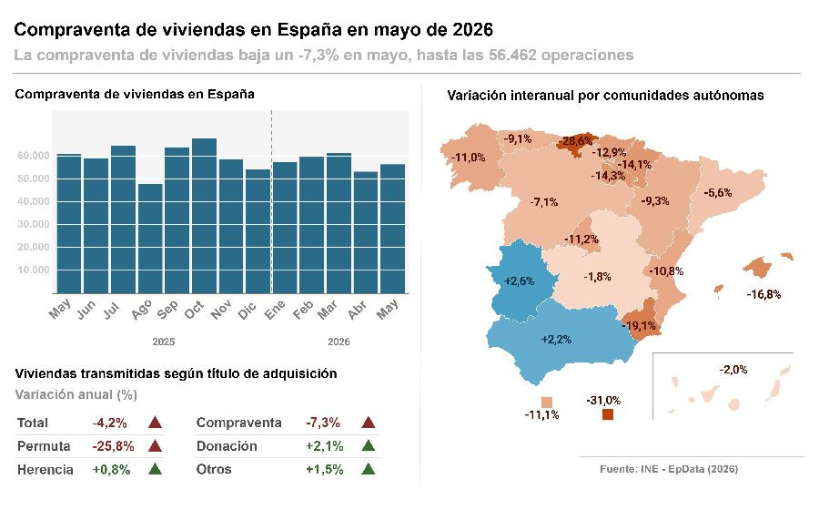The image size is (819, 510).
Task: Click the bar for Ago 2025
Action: click(x=150, y=239)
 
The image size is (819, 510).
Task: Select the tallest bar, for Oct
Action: click(x=204, y=216)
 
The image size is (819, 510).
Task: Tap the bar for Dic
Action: click(x=258, y=231)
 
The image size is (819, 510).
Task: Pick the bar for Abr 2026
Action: click(x=366, y=232)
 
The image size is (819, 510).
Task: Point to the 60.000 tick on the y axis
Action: click(x=34, y=156)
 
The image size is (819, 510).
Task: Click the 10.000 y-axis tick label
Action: click(x=34, y=270)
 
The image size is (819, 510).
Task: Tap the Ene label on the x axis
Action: click(x=275, y=310)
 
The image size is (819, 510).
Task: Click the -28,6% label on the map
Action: click(x=577, y=141)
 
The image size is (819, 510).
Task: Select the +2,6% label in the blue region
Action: click(x=520, y=281)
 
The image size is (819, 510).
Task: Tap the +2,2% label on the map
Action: click(x=556, y=340)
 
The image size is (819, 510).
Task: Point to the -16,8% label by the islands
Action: click(x=763, y=295)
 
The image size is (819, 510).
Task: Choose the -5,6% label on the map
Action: click(x=718, y=193)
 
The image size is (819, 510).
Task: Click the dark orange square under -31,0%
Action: click(x=608, y=414)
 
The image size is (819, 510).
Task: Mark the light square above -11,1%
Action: click(x=547, y=403)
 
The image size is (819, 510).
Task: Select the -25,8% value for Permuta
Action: click(x=114, y=446)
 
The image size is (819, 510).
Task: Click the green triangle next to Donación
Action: click(x=369, y=445)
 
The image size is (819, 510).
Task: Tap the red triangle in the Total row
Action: click(x=155, y=423)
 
